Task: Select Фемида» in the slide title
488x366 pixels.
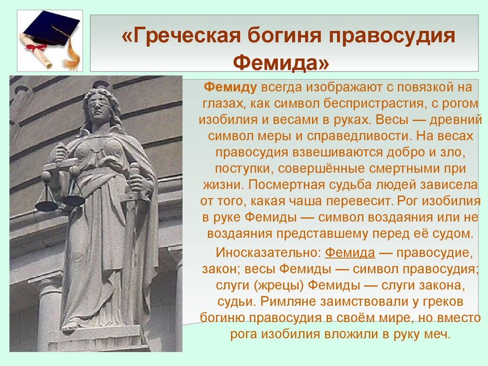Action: pyautogui.click(x=281, y=62)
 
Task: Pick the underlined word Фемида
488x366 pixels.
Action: pyautogui.click(x=350, y=253)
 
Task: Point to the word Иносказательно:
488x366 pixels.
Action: pyautogui.click(x=268, y=253)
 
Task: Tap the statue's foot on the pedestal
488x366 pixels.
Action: pyautogui.click(x=70, y=325)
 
